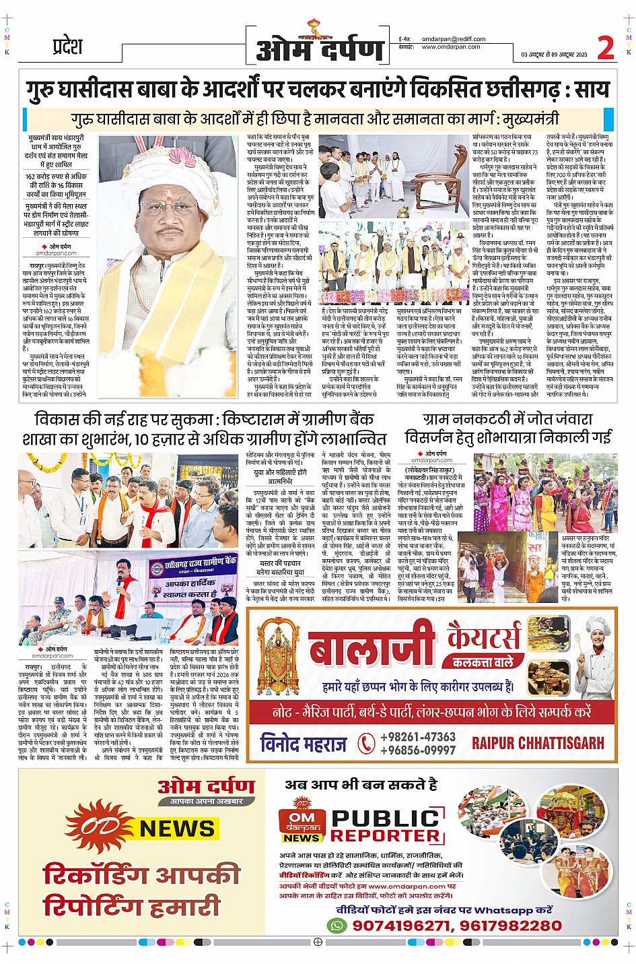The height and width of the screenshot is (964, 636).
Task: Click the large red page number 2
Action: click(605, 49)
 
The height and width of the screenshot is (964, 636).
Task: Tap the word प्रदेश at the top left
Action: click(67, 46)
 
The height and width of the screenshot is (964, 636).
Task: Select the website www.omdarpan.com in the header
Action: click(450, 47)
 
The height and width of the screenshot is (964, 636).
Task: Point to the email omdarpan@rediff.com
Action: click(452, 39)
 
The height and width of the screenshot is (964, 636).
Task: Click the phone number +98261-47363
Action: click(417, 737)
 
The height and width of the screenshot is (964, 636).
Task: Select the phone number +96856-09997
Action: click(417, 750)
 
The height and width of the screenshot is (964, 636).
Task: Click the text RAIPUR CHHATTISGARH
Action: click(538, 743)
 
